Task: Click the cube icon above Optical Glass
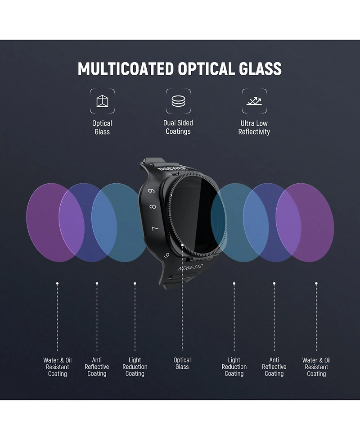coord(102,101)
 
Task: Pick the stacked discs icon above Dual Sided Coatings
coord(178,101)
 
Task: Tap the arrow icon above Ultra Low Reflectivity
coord(254,101)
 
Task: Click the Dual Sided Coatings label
coord(178,127)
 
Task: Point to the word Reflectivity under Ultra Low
coord(254,132)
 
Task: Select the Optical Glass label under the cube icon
coord(102,127)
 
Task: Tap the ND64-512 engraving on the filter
coord(190,267)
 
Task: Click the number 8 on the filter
coord(153,207)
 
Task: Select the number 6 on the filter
coord(167,255)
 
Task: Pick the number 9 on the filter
coord(152,191)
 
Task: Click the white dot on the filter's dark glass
coord(182,245)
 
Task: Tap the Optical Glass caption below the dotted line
coord(182,363)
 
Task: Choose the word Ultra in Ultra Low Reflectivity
coord(247,123)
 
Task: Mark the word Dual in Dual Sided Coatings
coord(170,123)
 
